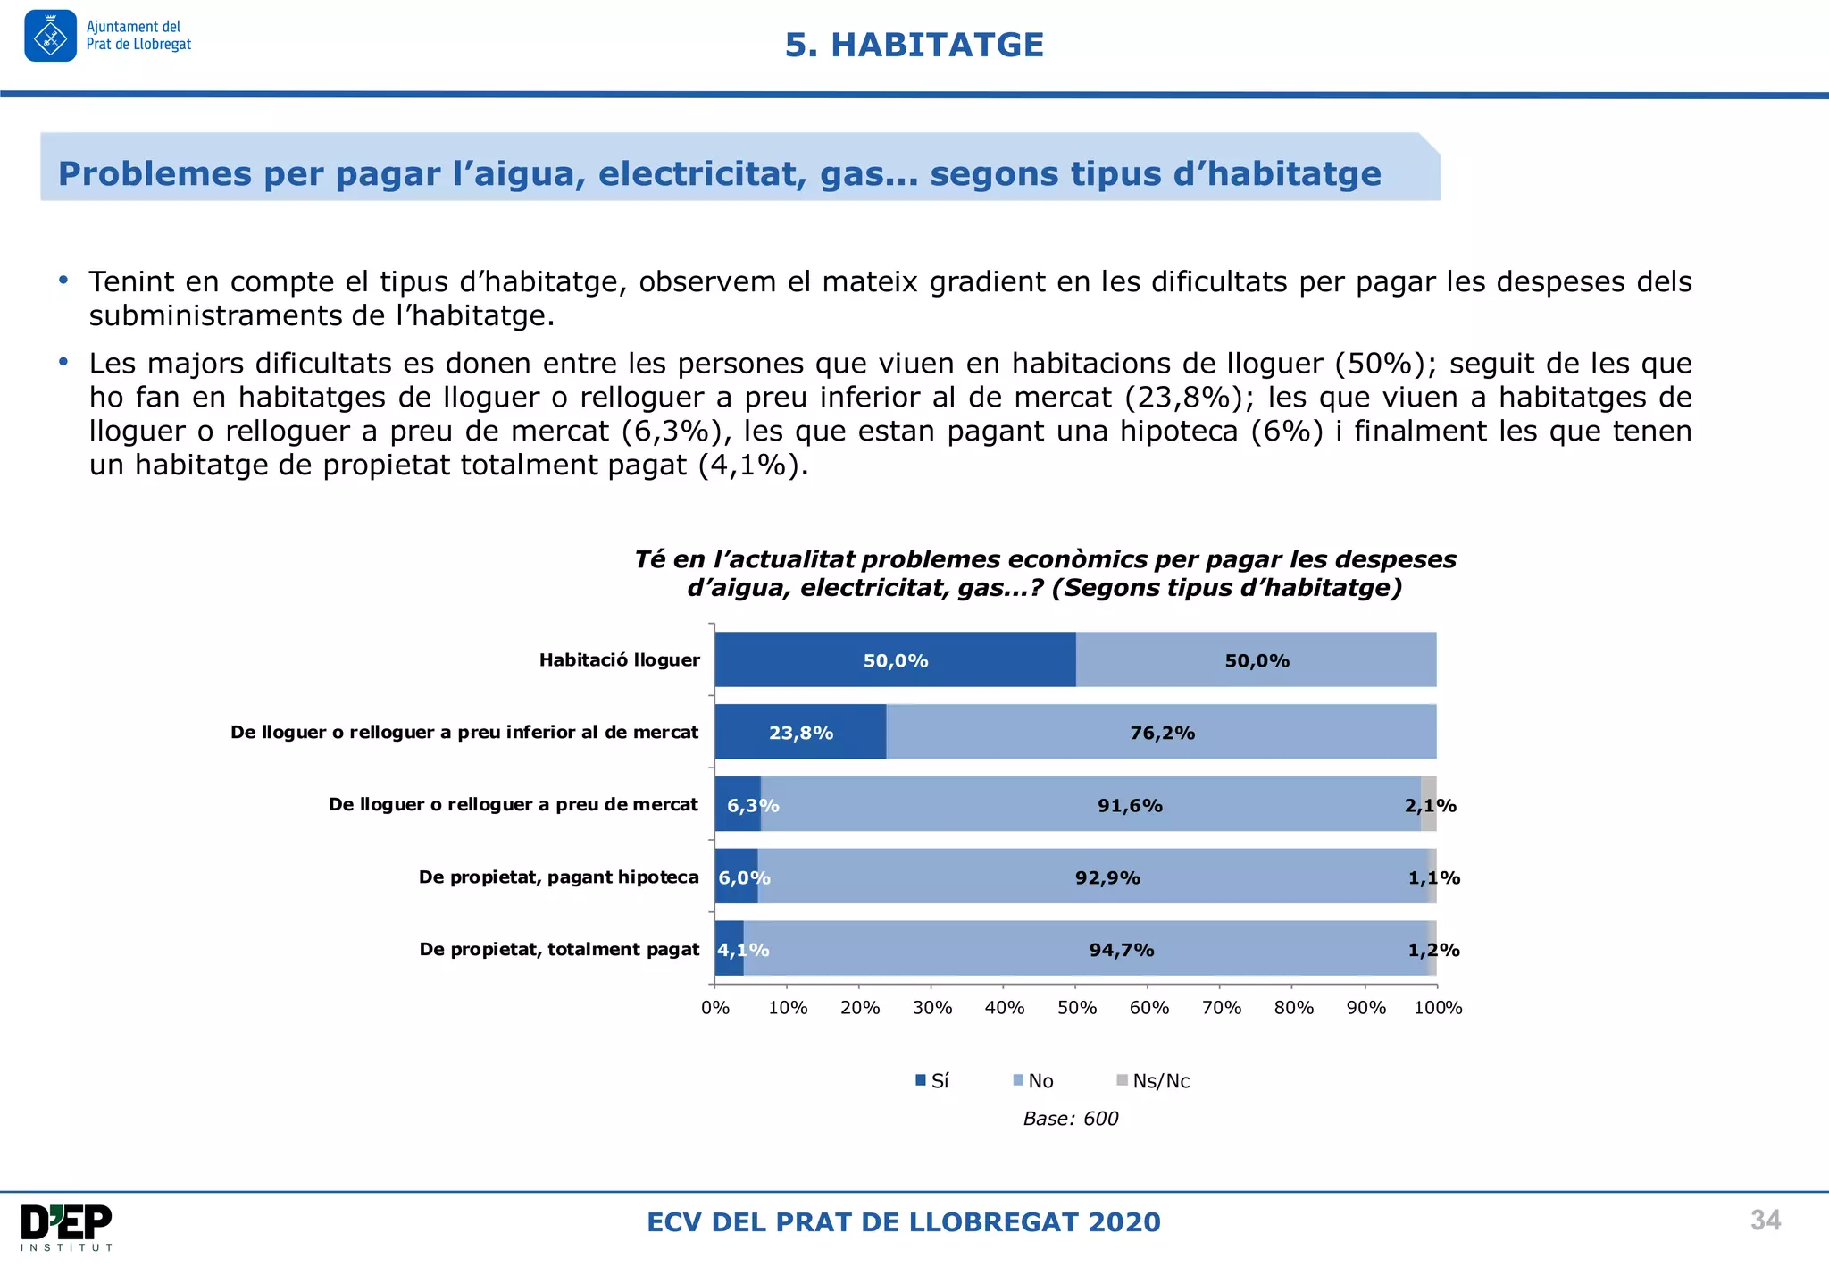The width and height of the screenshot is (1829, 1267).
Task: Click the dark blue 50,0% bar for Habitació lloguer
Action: point(895,660)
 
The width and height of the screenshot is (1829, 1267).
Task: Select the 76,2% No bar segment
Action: point(1161,733)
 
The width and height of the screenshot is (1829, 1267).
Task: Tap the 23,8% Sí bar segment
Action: point(800,733)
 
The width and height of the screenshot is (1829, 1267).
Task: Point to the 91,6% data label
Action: point(1130,806)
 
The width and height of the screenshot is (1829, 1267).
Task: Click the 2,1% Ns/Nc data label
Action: point(1430,806)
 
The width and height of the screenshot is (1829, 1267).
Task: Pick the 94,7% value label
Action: point(1122,950)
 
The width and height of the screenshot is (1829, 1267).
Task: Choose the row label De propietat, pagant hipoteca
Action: point(558,877)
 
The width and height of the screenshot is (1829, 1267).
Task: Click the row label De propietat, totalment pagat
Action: point(559,950)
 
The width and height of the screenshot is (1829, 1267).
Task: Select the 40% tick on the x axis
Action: point(1004,1008)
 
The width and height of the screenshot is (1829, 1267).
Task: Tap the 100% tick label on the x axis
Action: point(1438,1008)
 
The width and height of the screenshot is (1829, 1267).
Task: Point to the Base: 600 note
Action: point(1070,1119)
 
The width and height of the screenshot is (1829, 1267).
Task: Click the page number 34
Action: point(1765,1221)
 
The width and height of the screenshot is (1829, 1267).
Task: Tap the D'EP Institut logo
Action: point(67,1227)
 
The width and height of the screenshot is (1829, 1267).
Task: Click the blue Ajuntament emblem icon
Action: point(51,37)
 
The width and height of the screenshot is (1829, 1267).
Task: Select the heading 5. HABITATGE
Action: point(914,45)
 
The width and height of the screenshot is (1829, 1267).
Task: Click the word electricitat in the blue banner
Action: point(698,173)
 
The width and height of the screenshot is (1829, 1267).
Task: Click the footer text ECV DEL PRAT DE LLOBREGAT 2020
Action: point(903,1222)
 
